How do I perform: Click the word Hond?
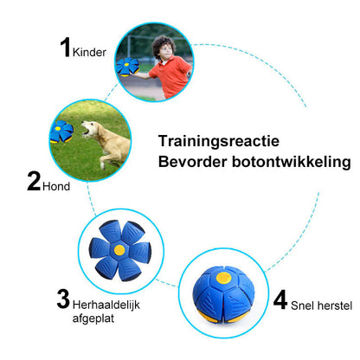[56, 184]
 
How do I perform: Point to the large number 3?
[63, 299]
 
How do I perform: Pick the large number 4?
[280, 299]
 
